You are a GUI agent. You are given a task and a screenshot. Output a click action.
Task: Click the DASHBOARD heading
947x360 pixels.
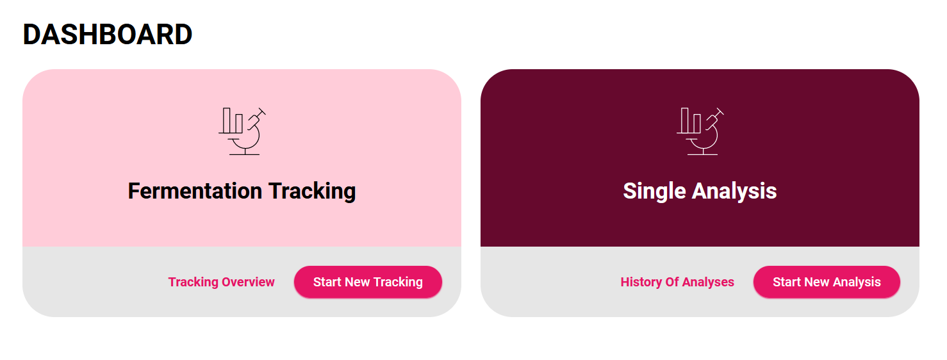108,34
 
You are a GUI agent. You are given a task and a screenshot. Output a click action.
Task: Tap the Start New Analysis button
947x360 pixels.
827,282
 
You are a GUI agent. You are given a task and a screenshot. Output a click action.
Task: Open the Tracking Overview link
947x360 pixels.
221,282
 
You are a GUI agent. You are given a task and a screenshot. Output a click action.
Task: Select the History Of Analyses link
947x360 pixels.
677,282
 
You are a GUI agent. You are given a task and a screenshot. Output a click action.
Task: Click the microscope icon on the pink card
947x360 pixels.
242,131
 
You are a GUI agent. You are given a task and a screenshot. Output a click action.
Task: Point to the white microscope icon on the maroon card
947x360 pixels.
700,131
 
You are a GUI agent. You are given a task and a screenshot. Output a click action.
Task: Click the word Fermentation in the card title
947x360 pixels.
195,190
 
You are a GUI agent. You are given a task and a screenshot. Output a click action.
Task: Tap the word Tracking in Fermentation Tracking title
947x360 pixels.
312,192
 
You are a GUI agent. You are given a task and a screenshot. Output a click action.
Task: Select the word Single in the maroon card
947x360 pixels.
654,192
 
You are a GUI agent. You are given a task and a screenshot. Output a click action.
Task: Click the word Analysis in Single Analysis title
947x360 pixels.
734,192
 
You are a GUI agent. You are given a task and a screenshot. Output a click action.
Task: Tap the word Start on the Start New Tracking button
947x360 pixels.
327,282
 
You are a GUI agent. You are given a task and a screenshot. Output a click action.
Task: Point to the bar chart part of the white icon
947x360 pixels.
690,121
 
